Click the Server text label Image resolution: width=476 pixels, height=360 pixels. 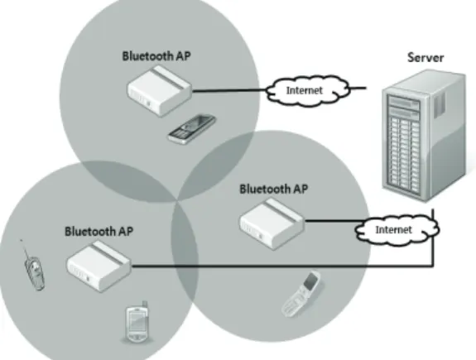(426, 57)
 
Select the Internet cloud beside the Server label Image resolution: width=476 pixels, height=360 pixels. (308, 90)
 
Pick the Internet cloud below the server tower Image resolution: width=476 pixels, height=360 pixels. (397, 230)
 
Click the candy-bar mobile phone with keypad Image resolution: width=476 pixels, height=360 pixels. (192, 128)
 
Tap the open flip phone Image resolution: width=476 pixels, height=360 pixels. (302, 294)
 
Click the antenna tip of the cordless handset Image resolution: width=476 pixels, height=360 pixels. (21, 240)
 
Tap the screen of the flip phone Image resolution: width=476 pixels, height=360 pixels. (311, 281)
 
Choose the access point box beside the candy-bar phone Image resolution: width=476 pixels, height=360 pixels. (160, 92)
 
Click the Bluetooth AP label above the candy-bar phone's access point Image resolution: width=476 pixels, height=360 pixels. (156, 56)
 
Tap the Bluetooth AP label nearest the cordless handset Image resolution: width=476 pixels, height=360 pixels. (99, 231)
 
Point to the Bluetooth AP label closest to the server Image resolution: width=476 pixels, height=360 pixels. (273, 189)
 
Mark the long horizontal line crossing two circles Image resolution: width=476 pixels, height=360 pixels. (282, 266)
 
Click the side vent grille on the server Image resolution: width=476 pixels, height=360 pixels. (440, 105)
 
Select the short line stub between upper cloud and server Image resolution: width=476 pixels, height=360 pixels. (358, 89)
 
